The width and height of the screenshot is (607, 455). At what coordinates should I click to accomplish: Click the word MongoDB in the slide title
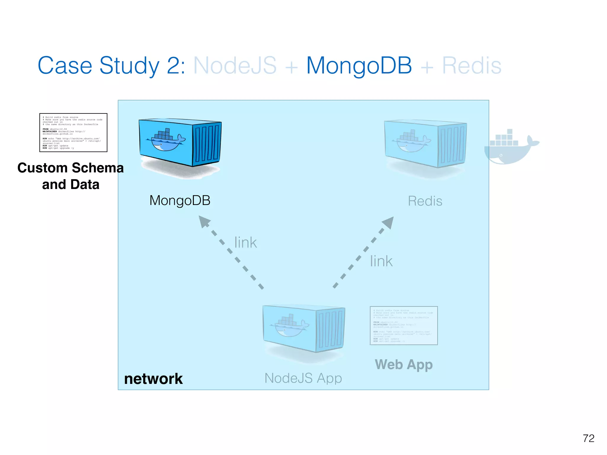359,65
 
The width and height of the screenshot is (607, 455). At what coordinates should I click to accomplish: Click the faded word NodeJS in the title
235,65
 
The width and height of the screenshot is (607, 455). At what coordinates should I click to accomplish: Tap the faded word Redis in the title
472,65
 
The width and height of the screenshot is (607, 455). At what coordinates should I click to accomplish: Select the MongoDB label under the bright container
180,201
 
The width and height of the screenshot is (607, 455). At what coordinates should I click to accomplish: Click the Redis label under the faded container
425,201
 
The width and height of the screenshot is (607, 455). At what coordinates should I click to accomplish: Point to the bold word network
153,379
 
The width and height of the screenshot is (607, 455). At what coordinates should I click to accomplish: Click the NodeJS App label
303,378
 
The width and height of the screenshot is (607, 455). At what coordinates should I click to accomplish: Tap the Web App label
404,365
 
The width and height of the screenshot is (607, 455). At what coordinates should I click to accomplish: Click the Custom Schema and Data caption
71,176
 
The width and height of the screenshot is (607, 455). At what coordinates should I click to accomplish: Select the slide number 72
588,438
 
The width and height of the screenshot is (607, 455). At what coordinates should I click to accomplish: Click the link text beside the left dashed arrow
245,243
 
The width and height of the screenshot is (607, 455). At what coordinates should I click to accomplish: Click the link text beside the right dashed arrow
381,261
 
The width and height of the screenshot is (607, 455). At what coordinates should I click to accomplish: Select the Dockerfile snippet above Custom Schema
73,132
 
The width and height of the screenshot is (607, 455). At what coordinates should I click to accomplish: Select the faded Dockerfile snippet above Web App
404,326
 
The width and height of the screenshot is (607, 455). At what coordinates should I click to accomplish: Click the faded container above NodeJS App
303,328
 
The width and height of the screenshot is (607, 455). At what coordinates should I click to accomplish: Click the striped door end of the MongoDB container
207,144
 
